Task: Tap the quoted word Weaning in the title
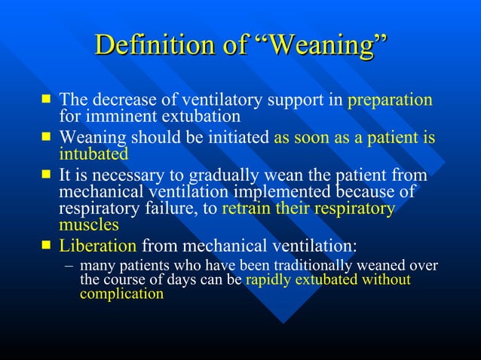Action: coord(315,45)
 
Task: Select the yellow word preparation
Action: coord(390,99)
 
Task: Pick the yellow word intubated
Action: coord(93,154)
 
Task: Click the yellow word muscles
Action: coord(89,224)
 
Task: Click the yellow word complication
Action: coord(121,294)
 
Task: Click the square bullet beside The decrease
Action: coord(47,99)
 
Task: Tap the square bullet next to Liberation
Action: coord(47,245)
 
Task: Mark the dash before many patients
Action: coord(69,266)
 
